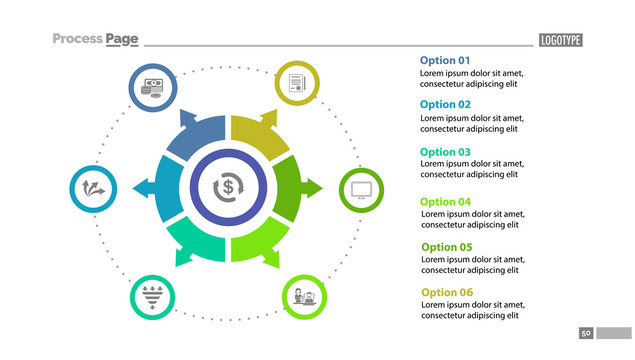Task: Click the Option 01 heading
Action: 444,60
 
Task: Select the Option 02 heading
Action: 445,104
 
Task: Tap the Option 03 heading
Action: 445,152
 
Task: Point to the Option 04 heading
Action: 446,201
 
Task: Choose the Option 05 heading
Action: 446,247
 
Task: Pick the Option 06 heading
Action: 446,292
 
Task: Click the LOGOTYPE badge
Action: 560,40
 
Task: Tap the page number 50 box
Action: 586,332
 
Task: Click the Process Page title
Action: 95,39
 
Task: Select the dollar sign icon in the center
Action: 228,186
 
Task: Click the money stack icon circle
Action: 153,88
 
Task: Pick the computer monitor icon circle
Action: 363,189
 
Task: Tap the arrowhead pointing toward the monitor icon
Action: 315,186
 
